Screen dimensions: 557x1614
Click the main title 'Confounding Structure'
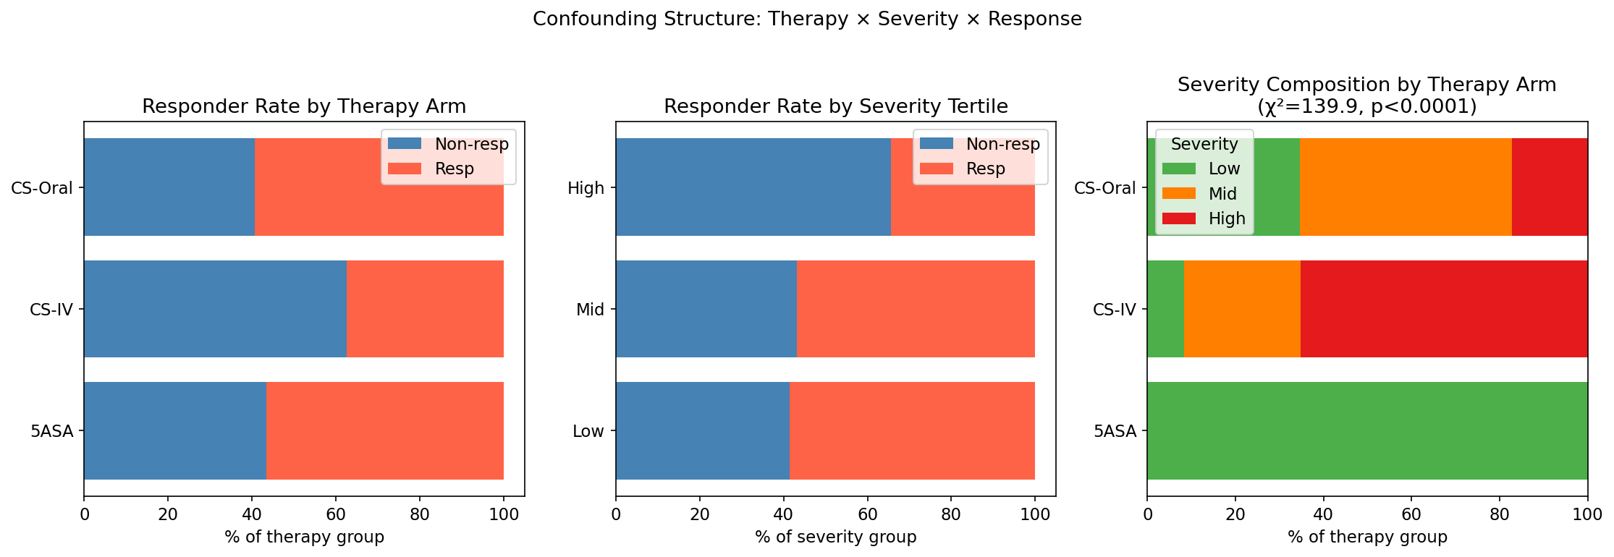click(807, 20)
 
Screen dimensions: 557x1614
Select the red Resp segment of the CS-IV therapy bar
click(425, 309)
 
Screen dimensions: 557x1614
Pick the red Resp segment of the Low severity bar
click(912, 430)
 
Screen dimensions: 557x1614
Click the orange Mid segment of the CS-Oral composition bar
click(1406, 187)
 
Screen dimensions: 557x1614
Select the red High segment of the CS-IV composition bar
click(1444, 309)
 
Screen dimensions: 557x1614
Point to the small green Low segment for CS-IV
click(1165, 309)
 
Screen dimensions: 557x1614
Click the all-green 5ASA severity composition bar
click(1367, 430)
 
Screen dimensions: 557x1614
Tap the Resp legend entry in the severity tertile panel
click(985, 169)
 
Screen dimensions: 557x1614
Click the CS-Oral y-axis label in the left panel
click(42, 188)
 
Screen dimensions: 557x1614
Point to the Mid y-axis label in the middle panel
click(590, 310)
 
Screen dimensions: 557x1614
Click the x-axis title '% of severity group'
click(836, 537)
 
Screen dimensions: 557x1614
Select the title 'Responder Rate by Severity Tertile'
click(836, 107)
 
